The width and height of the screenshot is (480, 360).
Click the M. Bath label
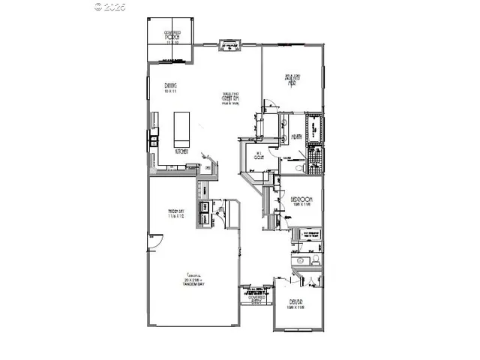pos(297,136)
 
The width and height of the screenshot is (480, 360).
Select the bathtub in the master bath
pos(314,128)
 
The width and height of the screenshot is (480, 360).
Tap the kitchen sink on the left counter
pos(153,139)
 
